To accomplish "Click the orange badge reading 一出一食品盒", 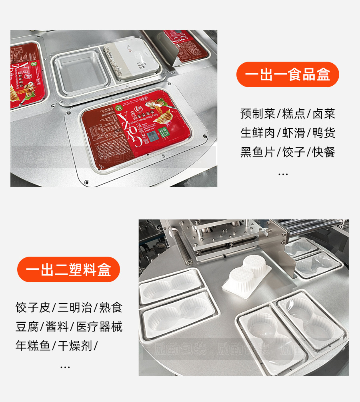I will click(288, 74).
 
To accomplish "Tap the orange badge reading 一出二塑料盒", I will click(68, 269).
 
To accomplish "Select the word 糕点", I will click(294, 114).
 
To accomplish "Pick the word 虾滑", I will click(294, 133).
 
